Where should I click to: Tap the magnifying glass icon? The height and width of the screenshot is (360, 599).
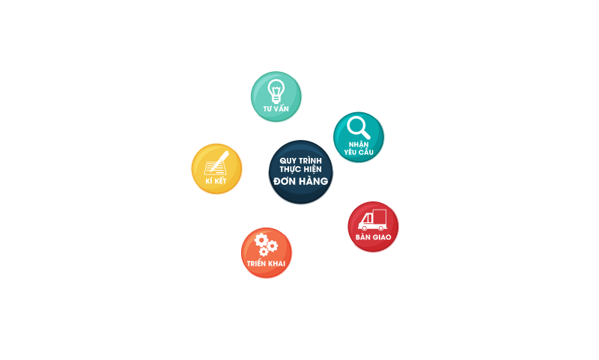359,125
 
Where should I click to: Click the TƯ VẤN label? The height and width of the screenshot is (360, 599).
276,109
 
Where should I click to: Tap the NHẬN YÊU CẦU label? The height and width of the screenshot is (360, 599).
359,145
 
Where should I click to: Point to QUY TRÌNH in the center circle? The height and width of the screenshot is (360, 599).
299,160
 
